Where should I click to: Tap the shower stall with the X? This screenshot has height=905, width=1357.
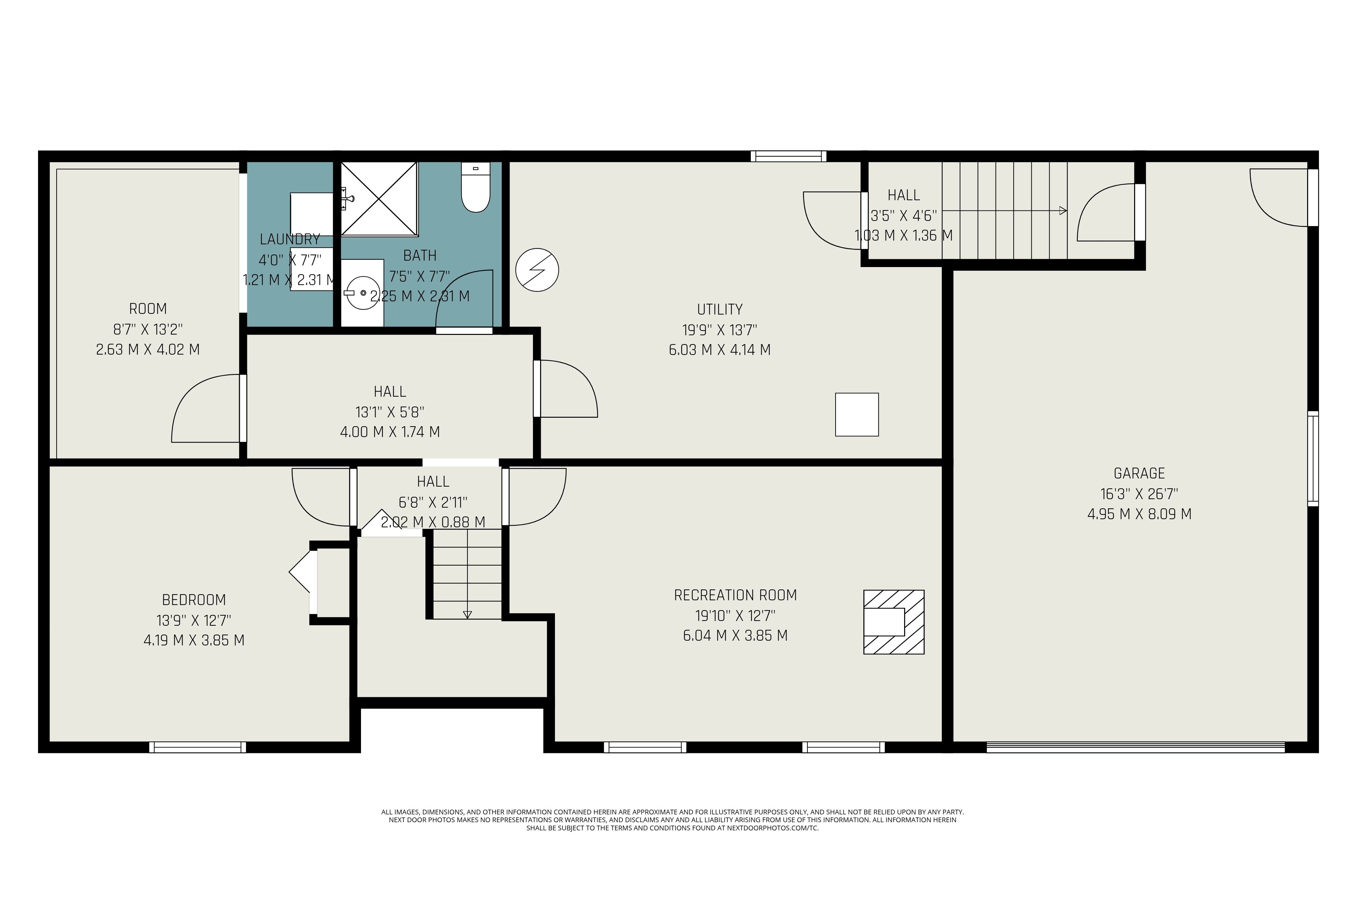click(x=379, y=199)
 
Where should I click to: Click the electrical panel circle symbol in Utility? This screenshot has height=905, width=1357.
click(x=537, y=269)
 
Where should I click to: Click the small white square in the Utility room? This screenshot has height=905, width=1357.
click(x=857, y=414)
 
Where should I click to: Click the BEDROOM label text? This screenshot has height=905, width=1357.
click(x=194, y=600)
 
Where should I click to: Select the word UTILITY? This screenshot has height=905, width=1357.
click(x=720, y=309)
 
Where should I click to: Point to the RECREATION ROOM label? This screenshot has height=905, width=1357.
click(x=735, y=595)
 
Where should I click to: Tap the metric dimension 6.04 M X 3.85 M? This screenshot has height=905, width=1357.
click(x=735, y=636)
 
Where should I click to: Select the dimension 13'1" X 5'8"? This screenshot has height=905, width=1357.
click(x=390, y=412)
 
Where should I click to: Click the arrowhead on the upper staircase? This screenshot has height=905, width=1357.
click(x=1063, y=211)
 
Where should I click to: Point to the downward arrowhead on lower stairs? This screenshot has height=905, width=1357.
click(x=467, y=615)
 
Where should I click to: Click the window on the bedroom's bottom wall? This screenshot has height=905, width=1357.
click(x=197, y=747)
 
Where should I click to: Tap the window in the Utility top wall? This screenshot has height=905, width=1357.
click(x=788, y=156)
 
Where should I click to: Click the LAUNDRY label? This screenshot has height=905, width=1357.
click(x=290, y=239)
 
